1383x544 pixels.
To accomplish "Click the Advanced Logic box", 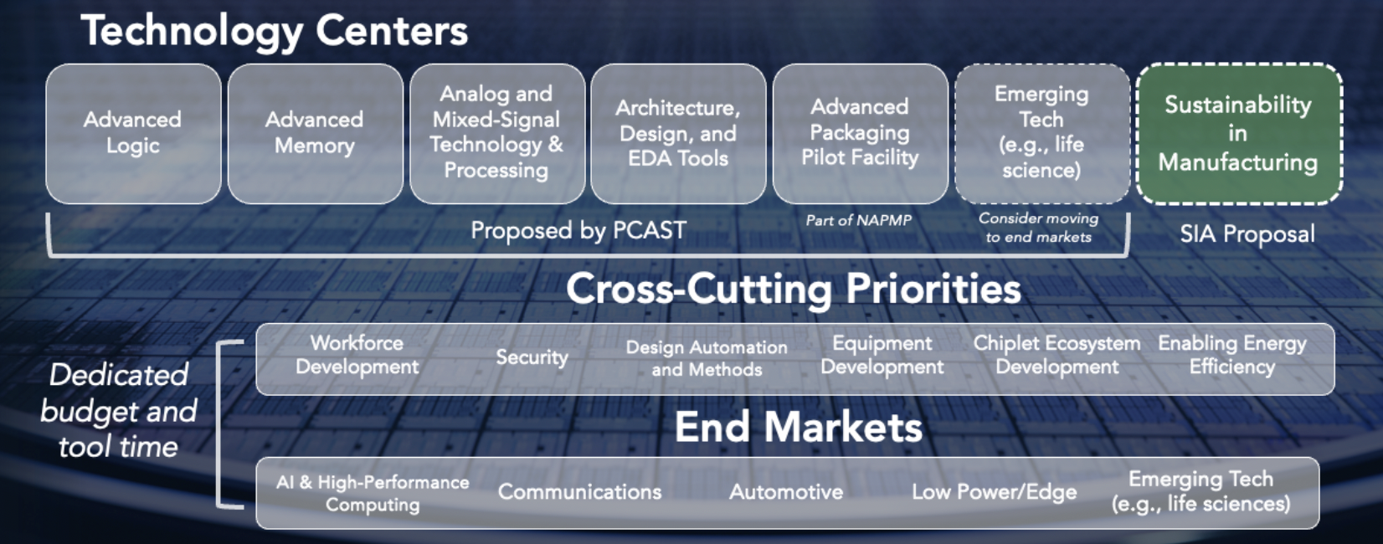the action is click(x=133, y=133).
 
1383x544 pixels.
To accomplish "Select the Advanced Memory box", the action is click(x=315, y=133).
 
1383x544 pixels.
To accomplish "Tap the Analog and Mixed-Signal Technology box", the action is click(x=497, y=133).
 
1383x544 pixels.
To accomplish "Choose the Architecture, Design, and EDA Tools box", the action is click(x=678, y=133).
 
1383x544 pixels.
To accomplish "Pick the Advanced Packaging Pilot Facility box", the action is click(x=860, y=133).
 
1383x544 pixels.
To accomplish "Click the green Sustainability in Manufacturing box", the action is click(x=1239, y=133).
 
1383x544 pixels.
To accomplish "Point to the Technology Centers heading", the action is click(x=275, y=31).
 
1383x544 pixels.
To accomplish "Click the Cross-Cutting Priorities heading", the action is click(x=794, y=289).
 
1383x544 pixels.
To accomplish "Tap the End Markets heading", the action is click(x=799, y=427).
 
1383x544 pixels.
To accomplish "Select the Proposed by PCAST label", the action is click(x=578, y=231).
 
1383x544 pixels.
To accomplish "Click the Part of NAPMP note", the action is click(x=859, y=220).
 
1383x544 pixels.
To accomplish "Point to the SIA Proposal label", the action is click(x=1247, y=234).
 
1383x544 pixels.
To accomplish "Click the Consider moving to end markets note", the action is click(x=1038, y=228).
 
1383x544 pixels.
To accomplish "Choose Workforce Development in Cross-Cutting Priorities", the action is click(x=357, y=355).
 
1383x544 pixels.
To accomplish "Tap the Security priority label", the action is click(x=532, y=357).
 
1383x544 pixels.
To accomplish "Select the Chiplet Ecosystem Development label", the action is click(x=1057, y=355).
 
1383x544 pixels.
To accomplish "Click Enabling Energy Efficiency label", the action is click(x=1232, y=355).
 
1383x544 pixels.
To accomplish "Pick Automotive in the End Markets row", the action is click(x=786, y=492).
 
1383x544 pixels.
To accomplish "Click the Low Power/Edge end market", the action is click(x=995, y=492).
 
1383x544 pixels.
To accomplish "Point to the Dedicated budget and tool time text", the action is click(x=119, y=411).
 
